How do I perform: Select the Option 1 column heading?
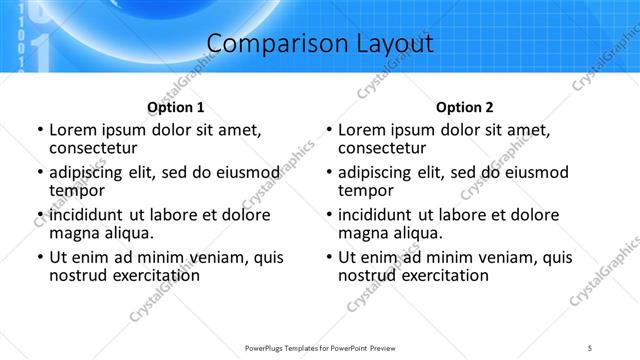tap(176, 107)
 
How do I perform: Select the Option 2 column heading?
tap(465, 107)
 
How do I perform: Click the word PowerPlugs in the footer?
tap(267, 347)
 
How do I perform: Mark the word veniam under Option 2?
tap(485, 257)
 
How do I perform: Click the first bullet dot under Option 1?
tap(39, 130)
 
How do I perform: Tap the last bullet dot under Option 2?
tap(328, 257)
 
